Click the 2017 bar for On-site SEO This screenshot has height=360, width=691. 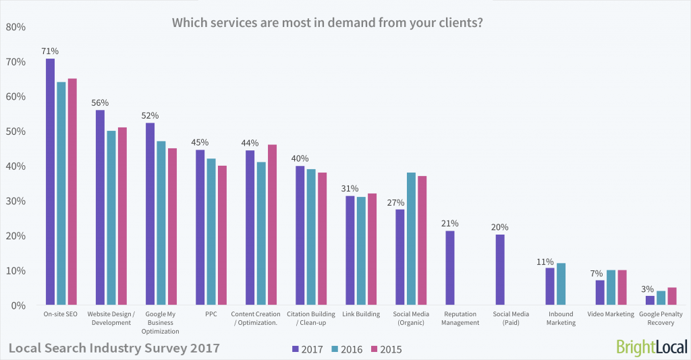[50, 182]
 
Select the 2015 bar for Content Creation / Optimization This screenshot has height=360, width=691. [272, 225]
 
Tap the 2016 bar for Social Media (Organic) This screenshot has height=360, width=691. [411, 239]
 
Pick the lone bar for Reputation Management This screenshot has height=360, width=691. [450, 268]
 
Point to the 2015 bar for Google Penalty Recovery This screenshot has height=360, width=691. [671, 297]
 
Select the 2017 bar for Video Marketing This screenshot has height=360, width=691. [600, 293]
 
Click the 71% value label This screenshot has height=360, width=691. [50, 51]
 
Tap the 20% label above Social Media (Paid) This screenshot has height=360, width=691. [500, 227]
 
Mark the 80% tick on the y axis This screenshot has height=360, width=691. [16, 28]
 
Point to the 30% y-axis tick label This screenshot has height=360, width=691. [16, 202]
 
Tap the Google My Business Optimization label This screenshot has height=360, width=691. [160, 322]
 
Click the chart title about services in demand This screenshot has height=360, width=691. [327, 22]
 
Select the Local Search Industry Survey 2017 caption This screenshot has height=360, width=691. [113, 349]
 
